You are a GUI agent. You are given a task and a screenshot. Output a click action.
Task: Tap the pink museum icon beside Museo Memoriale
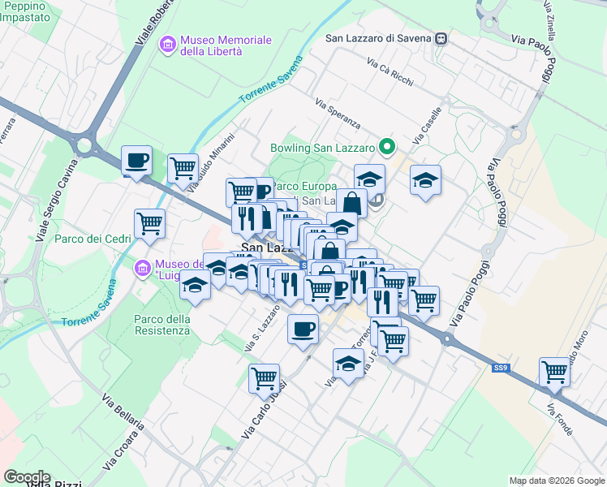(x=168, y=43)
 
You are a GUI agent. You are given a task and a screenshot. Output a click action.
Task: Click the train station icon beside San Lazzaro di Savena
(x=440, y=37)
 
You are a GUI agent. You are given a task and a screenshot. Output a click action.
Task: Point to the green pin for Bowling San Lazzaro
(x=387, y=147)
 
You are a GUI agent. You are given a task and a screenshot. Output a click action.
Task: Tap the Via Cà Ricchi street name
(x=390, y=72)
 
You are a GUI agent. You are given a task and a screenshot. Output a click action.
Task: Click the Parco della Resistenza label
(x=162, y=325)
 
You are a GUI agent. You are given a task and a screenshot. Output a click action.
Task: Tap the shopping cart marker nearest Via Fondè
(x=554, y=372)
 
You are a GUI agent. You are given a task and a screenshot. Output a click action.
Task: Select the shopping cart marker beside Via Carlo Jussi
(x=265, y=377)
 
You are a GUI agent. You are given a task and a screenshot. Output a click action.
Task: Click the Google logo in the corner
(x=27, y=477)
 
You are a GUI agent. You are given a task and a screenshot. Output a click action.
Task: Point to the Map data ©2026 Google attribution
(x=557, y=481)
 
